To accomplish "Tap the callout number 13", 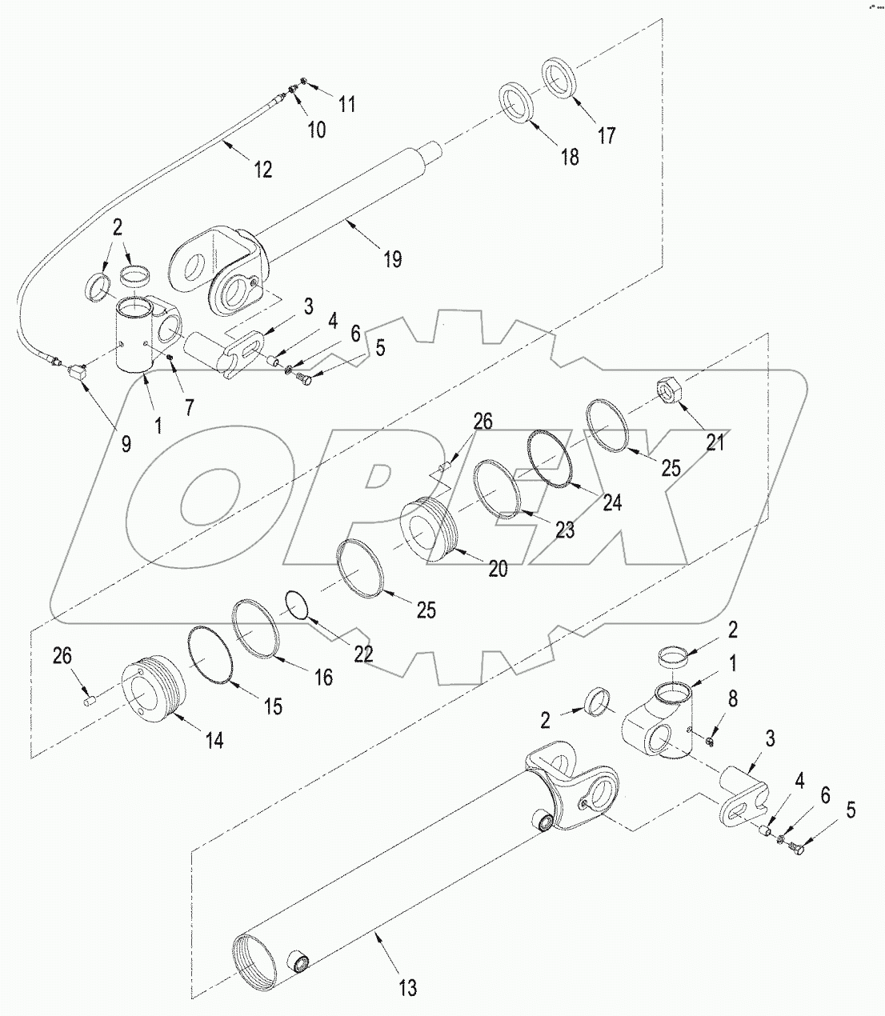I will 407,988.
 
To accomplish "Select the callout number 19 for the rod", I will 392,258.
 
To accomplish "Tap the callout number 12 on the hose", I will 262,169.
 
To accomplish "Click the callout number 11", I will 346,103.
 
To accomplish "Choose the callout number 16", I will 322,677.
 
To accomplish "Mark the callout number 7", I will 188,406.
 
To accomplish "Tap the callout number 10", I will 317,129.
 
